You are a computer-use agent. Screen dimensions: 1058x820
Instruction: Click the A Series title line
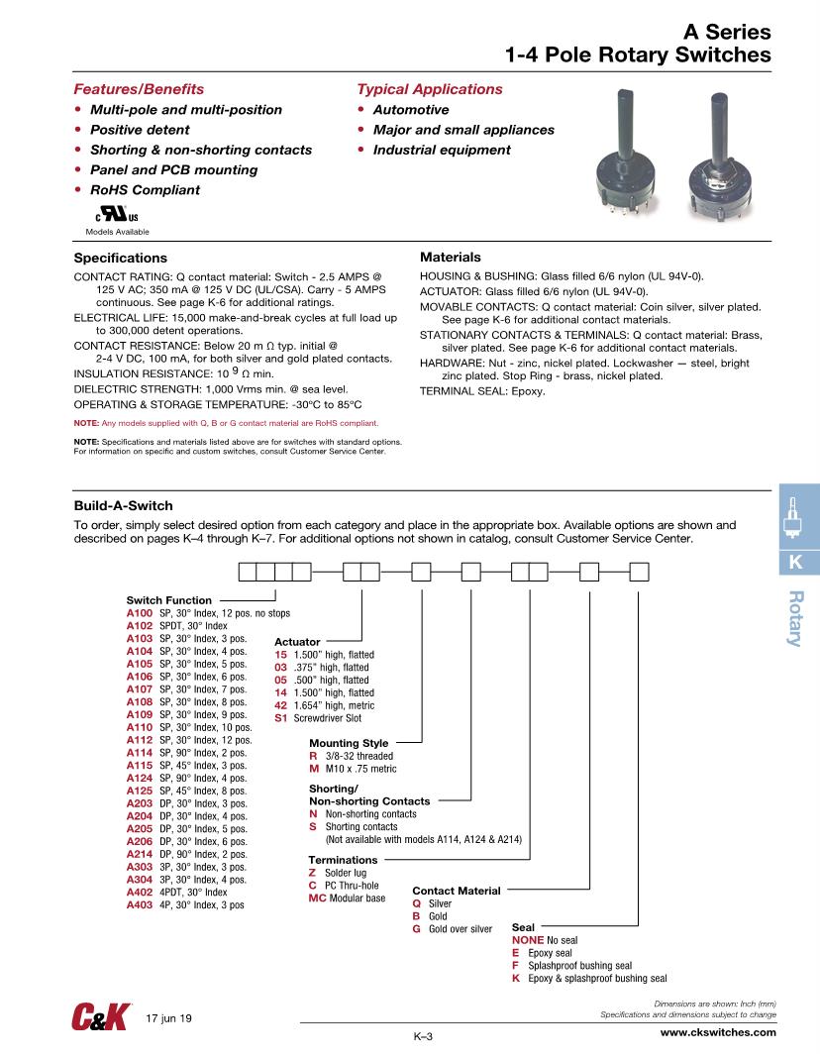[727, 32]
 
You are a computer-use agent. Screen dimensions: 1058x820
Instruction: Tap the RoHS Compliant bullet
[145, 190]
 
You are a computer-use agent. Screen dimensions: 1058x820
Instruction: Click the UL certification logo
[117, 215]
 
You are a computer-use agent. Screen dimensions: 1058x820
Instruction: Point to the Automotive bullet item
[410, 110]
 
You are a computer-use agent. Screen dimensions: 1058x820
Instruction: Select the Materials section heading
[451, 257]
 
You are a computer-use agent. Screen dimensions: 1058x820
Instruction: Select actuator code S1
[280, 718]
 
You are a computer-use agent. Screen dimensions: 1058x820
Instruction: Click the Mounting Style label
[349, 743]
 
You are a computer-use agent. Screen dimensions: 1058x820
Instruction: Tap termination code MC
[318, 898]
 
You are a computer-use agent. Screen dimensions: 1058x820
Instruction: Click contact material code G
[416, 929]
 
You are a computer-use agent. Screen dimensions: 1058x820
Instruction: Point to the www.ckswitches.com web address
[718, 1031]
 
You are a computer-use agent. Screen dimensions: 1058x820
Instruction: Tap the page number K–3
[424, 1036]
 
